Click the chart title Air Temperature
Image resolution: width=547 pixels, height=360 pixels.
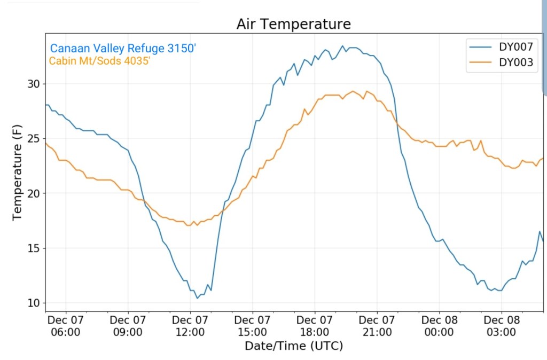[x=293, y=24]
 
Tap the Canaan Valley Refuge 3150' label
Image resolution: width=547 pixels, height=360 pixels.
[x=123, y=49]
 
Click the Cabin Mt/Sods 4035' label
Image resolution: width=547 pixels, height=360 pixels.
[x=99, y=61]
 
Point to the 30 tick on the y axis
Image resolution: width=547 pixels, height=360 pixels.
[x=34, y=84]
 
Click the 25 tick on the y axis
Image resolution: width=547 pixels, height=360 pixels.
[x=34, y=139]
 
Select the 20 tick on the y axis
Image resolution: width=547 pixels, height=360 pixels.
[x=34, y=193]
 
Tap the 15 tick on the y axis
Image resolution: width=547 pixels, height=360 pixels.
[x=34, y=248]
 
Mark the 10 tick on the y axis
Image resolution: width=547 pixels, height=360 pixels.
[x=34, y=303]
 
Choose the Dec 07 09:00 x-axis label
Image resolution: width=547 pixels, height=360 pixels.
[x=128, y=326]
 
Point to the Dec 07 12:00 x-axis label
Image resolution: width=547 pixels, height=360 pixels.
[x=190, y=326]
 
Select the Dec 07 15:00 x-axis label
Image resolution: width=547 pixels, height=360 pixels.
[x=253, y=326]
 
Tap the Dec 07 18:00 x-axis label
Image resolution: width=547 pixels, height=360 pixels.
[x=315, y=326]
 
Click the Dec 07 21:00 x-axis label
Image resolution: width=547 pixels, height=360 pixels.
[x=377, y=326]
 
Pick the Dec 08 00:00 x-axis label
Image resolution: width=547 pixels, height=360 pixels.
[x=439, y=326]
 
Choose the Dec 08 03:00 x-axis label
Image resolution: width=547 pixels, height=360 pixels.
[x=502, y=326]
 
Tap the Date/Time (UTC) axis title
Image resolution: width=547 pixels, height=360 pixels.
[x=293, y=346]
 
